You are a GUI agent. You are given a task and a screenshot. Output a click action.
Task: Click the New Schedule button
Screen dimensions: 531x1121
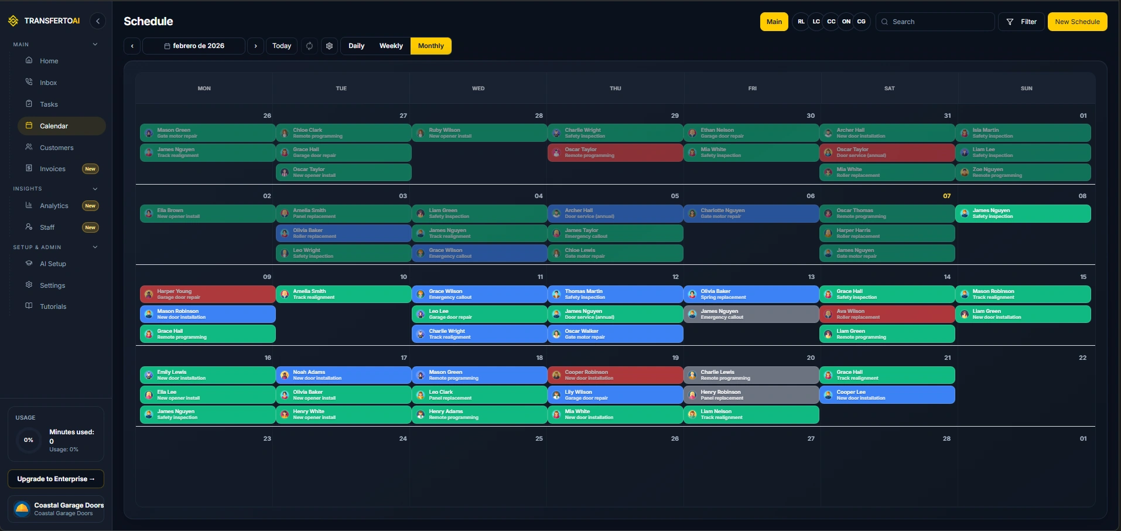[1077, 22]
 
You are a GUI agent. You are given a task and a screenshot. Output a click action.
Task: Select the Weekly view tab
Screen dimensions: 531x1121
[391, 46]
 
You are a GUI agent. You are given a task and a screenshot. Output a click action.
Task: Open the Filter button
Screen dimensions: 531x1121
[1021, 22]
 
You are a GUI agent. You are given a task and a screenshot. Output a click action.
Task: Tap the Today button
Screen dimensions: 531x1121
[282, 46]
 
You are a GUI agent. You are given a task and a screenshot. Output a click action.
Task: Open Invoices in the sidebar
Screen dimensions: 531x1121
[53, 169]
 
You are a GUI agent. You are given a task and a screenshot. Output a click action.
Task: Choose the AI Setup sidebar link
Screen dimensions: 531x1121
[53, 264]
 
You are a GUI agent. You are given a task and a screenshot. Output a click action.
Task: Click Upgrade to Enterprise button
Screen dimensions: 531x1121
[56, 479]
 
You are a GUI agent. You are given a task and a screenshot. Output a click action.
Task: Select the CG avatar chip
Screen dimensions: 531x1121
[861, 22]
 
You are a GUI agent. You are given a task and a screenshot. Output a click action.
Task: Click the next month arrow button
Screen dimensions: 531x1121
[255, 46]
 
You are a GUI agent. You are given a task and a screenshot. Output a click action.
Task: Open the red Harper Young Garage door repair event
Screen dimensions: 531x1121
[207, 294]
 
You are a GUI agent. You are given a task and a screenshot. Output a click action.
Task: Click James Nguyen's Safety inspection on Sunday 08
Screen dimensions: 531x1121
[1023, 213]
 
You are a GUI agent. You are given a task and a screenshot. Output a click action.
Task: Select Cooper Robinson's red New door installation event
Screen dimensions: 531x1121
[615, 375]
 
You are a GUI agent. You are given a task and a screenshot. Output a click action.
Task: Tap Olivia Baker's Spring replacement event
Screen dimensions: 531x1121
[751, 294]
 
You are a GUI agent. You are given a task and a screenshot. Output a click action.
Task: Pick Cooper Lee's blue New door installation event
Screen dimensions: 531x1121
[887, 395]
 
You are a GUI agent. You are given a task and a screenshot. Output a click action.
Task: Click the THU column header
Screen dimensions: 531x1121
[615, 88]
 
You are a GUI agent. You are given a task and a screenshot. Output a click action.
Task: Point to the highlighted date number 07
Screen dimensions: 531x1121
[946, 196]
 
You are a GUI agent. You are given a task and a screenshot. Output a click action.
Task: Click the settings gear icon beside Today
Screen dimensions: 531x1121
[330, 46]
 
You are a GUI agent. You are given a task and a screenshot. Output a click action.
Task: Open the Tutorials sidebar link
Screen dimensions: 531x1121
[53, 307]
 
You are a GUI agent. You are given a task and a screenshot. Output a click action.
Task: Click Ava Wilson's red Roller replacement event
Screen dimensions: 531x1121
[887, 314]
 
